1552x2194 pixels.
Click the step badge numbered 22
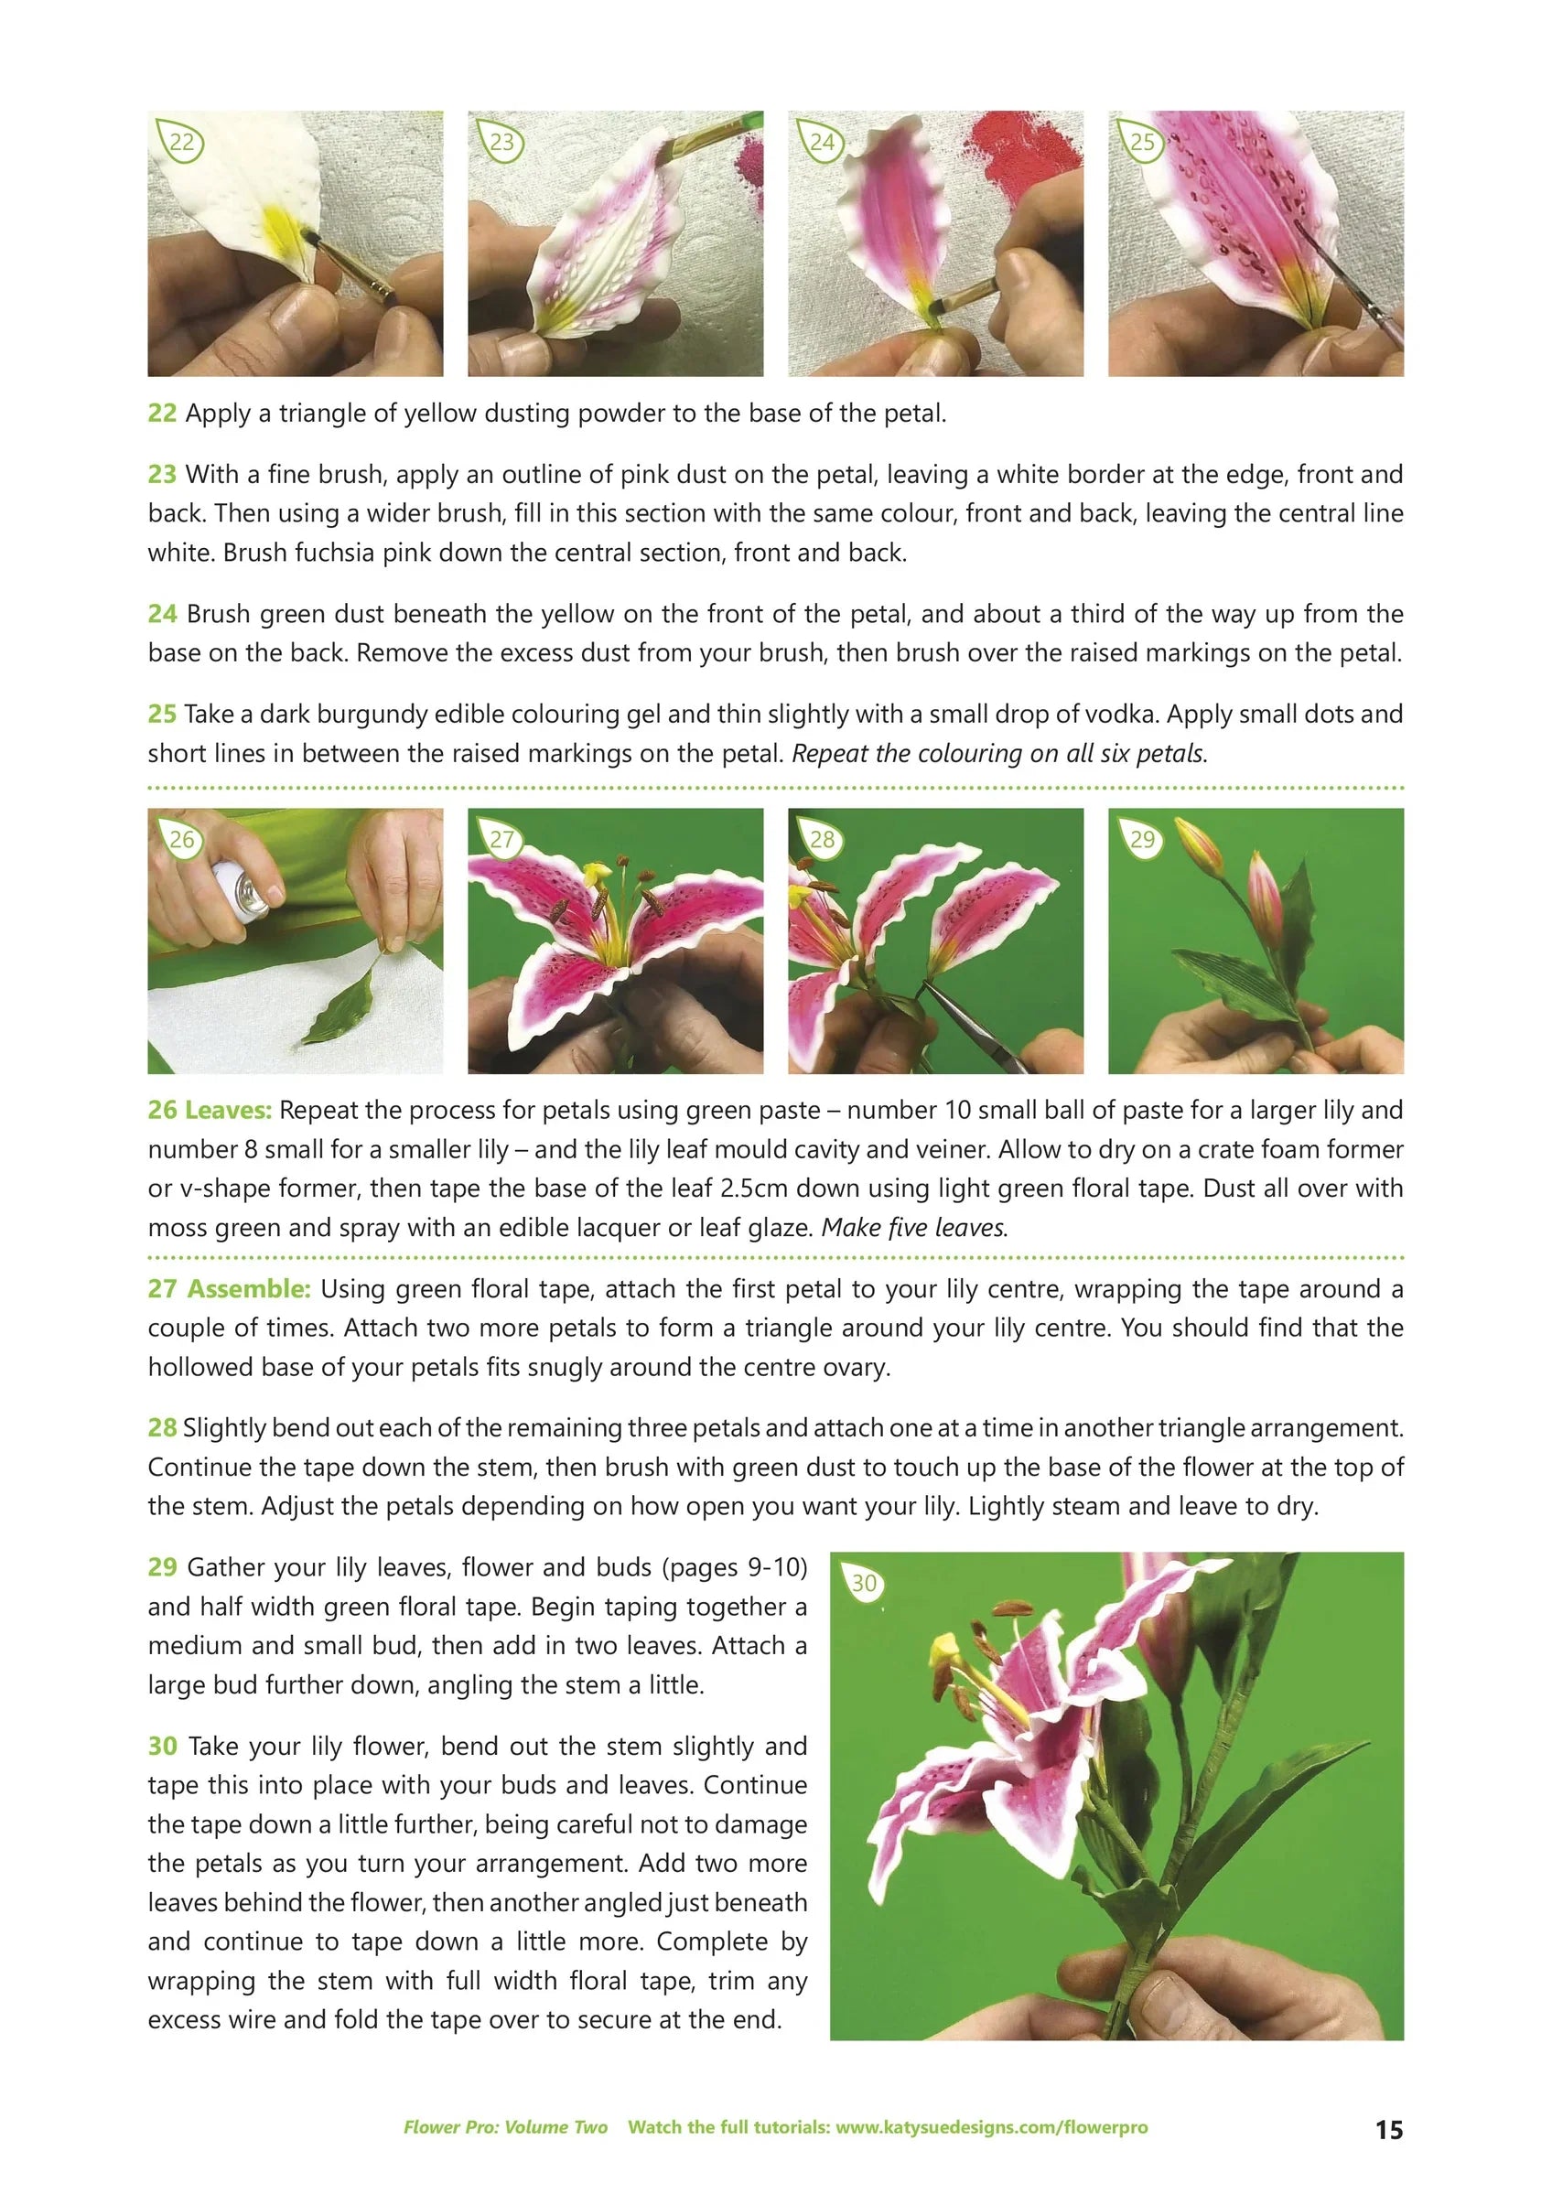[180, 143]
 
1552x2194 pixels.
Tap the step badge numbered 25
[1142, 143]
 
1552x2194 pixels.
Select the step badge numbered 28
[822, 840]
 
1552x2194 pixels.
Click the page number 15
[1388, 2128]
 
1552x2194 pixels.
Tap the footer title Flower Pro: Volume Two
[504, 2127]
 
